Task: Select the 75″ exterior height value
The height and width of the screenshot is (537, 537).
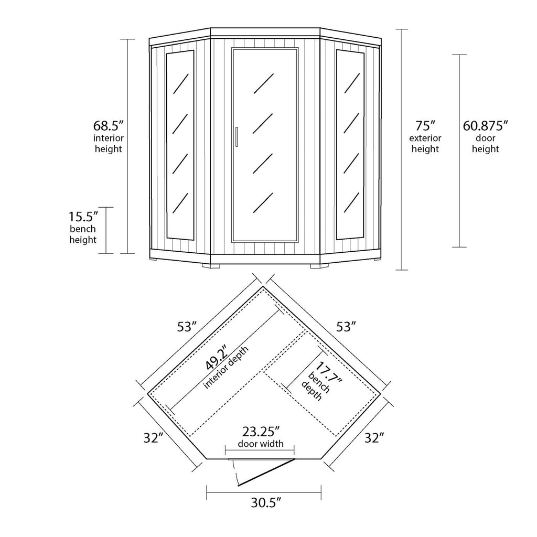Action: pos(425,126)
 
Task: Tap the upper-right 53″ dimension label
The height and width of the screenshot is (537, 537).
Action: pos(347,327)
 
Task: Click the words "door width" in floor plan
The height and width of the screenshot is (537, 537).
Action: pos(261,444)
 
